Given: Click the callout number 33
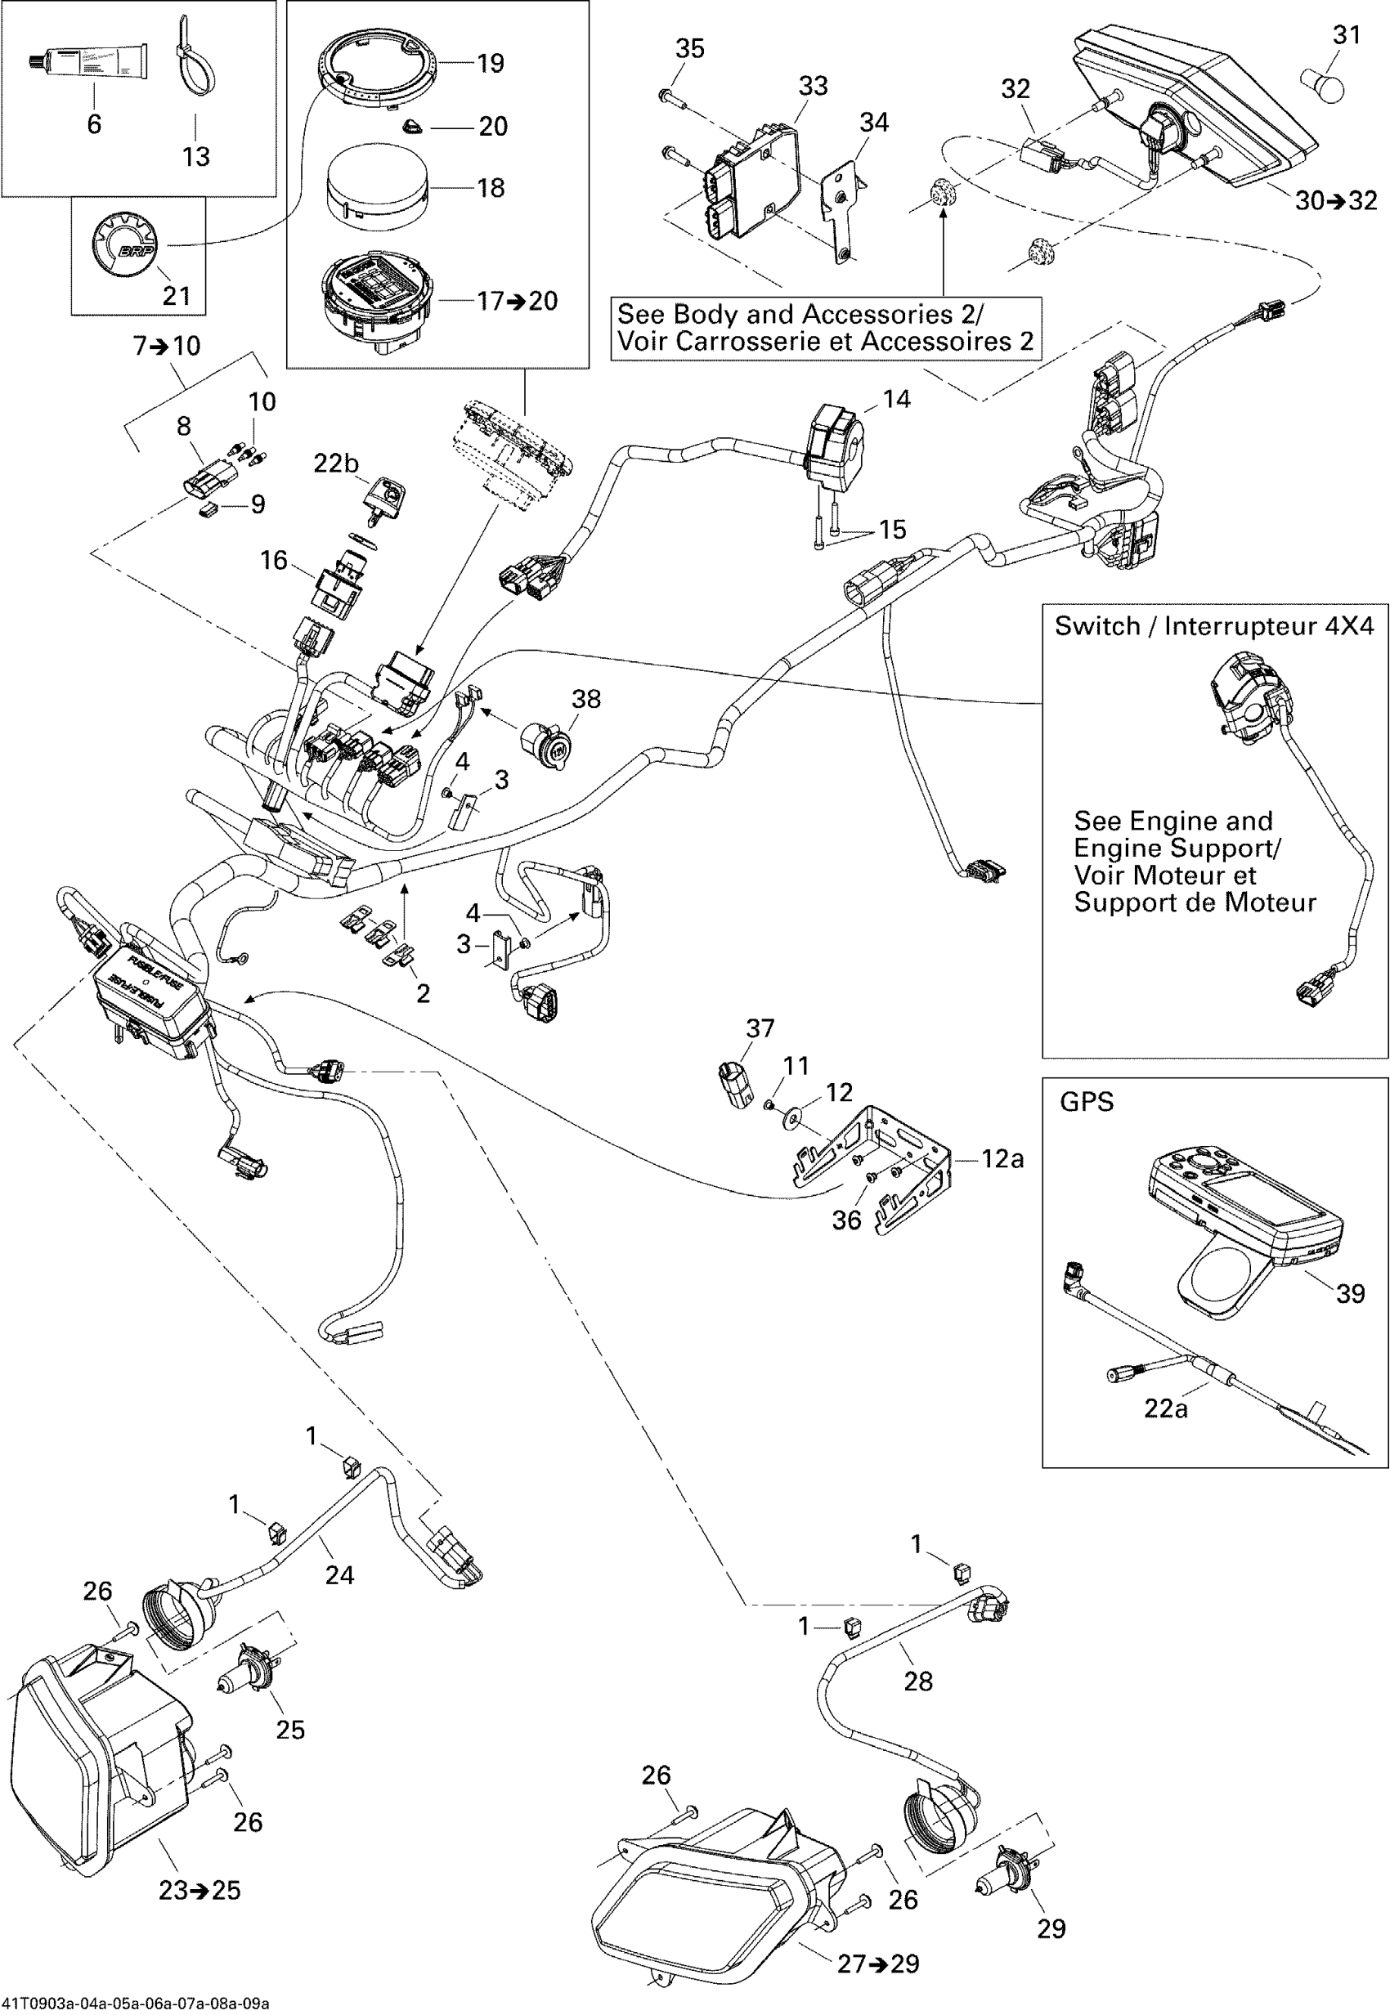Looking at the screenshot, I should point(813,86).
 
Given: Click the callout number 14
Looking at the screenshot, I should point(896,399).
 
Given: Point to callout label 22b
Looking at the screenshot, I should point(336,463).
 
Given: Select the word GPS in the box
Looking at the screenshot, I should point(1086,1102).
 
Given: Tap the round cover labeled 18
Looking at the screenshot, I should point(377,187).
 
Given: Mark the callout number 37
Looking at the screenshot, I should point(760,1028).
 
